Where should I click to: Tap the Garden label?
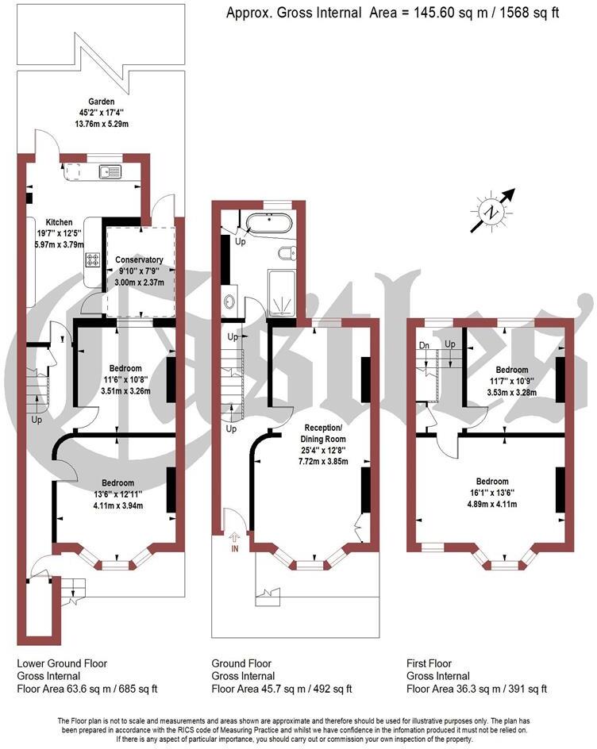(x=102, y=102)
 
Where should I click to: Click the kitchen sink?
(x=110, y=171)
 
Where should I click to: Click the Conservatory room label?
(x=139, y=259)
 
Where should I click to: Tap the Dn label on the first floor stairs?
(x=424, y=345)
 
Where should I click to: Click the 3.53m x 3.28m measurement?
(x=511, y=390)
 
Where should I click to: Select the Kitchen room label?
(x=60, y=222)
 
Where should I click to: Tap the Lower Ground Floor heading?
(x=62, y=663)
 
